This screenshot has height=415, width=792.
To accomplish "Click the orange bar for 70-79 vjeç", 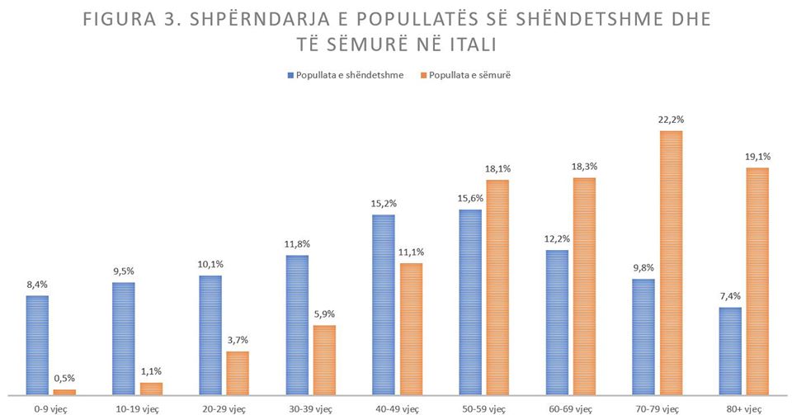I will tap(671, 262).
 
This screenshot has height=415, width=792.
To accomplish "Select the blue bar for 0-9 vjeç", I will tap(37, 345).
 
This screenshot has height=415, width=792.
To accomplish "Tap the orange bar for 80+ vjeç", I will tap(757, 281).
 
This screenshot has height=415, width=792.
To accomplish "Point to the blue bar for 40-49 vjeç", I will tap(383, 304).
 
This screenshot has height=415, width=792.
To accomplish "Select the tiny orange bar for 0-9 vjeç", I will tap(64, 392).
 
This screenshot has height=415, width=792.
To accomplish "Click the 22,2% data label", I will tap(671, 120).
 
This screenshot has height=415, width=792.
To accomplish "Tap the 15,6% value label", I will tap(469, 199).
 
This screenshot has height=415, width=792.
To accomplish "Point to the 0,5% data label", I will tap(64, 379).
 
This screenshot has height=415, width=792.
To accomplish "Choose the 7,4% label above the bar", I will tap(729, 296).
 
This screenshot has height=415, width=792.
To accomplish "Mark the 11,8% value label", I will tap(296, 244).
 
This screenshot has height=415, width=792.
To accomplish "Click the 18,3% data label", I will tap(584, 167).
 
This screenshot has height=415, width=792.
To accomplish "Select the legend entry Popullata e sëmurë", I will tap(470, 75).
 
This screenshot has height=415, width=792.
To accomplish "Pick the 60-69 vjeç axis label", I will tap(570, 408).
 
